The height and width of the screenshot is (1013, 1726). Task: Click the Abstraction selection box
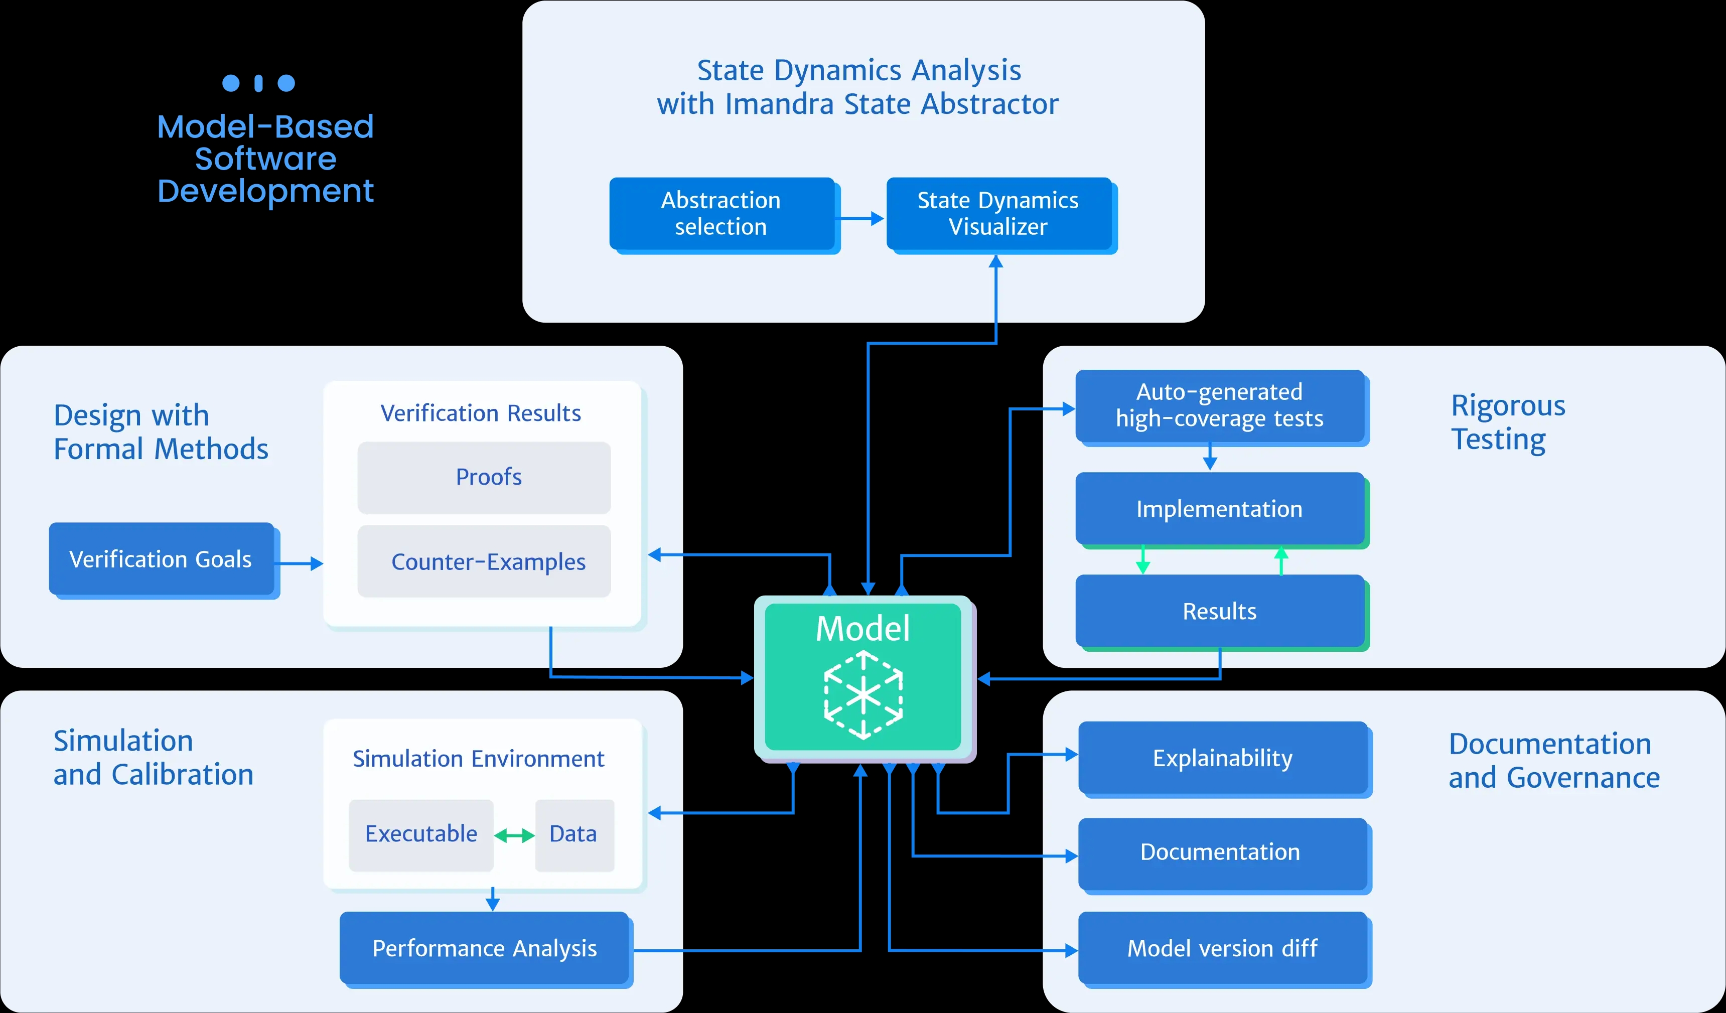click(721, 214)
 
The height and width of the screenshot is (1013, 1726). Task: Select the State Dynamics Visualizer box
click(998, 214)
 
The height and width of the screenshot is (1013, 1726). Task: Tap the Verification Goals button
click(161, 559)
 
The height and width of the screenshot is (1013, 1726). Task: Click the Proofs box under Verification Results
click(484, 477)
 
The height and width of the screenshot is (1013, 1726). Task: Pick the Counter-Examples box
click(484, 561)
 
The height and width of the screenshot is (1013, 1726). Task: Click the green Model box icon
click(863, 695)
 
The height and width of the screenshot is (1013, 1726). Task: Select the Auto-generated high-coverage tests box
click(1219, 405)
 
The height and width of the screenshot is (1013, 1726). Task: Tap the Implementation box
click(1219, 509)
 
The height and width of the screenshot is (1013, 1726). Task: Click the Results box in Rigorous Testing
click(1219, 611)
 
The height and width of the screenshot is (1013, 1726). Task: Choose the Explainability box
click(1223, 758)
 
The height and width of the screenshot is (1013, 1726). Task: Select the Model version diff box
click(1223, 948)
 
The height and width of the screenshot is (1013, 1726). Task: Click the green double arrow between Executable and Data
click(514, 835)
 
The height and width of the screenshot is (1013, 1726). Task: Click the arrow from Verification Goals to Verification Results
click(300, 563)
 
